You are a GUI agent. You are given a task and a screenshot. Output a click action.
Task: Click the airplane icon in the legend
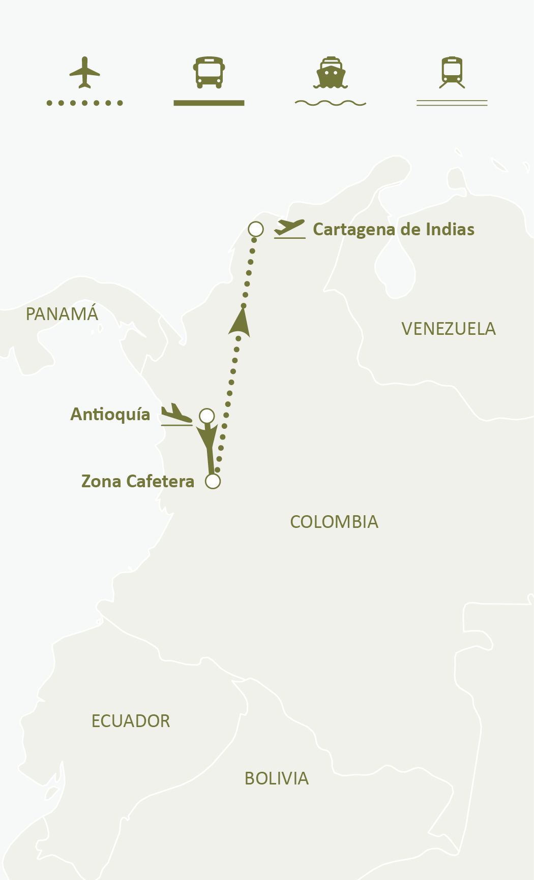click(x=84, y=72)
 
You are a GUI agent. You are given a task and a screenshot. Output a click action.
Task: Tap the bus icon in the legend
click(x=209, y=72)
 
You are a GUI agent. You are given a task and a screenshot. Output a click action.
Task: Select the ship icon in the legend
click(x=331, y=72)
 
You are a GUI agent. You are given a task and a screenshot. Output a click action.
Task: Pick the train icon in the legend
click(x=452, y=72)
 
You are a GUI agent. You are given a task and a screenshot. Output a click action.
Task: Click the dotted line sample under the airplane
click(x=84, y=103)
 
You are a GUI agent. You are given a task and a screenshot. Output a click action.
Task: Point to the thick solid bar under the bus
click(x=209, y=103)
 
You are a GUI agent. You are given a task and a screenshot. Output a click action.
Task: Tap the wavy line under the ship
click(x=331, y=103)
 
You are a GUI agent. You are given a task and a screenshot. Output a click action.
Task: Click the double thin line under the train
click(x=452, y=103)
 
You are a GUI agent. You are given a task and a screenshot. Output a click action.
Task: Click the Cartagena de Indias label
click(x=394, y=230)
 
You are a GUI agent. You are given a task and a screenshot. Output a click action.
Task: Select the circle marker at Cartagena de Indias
click(x=256, y=229)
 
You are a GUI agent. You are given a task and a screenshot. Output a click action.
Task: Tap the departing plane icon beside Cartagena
click(x=289, y=228)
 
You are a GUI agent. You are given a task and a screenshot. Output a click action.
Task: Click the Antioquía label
click(x=110, y=415)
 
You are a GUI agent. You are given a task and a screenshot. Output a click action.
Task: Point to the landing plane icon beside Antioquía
click(x=176, y=414)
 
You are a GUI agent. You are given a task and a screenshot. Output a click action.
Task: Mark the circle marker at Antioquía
click(x=206, y=416)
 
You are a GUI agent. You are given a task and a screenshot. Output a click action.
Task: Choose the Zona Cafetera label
click(x=138, y=482)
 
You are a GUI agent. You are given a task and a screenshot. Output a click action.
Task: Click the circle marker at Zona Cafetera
click(x=213, y=481)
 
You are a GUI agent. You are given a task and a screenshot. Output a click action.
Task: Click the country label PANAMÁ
click(x=62, y=314)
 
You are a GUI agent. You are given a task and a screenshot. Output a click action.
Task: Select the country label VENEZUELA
click(x=449, y=329)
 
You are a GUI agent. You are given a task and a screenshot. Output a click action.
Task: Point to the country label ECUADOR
click(x=131, y=721)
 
